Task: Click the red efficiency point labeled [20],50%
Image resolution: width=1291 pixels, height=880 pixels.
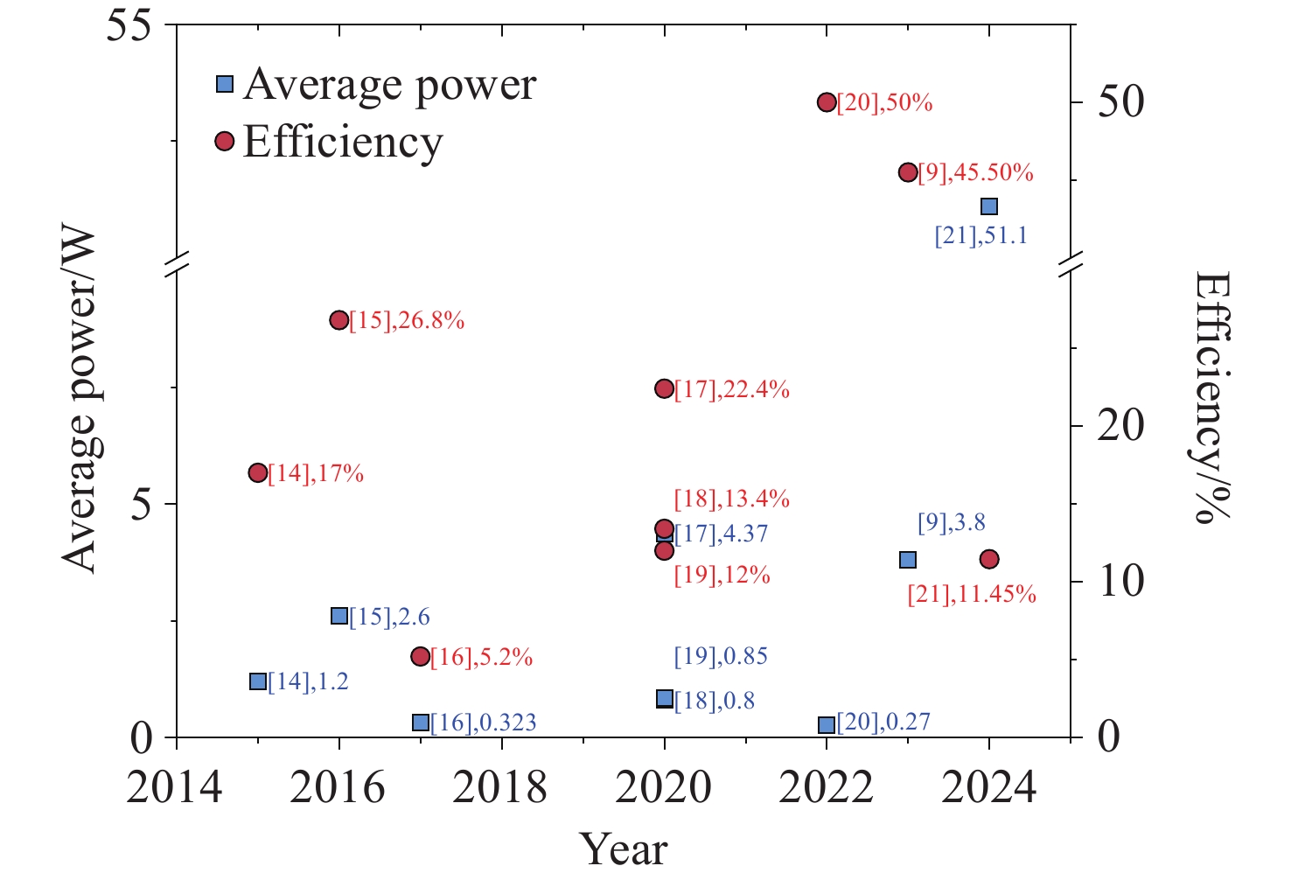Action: [x=827, y=103]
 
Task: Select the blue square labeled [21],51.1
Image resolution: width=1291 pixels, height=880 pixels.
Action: [x=989, y=206]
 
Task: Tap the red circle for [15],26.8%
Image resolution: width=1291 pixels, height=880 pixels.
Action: [x=339, y=320]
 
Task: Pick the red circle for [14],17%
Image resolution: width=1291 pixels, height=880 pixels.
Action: [x=258, y=473]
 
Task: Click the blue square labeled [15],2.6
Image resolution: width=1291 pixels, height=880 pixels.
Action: [x=339, y=616]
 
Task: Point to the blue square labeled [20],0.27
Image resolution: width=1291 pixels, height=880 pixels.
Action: [x=827, y=724]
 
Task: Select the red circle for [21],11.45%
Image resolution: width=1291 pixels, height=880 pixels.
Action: [x=989, y=559]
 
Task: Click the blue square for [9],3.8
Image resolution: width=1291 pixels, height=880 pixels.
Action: [x=908, y=560]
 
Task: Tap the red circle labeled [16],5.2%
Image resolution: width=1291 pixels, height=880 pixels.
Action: [x=421, y=656]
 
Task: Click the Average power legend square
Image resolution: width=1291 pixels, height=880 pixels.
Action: [x=225, y=84]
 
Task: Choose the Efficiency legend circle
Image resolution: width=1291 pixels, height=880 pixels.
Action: [x=225, y=141]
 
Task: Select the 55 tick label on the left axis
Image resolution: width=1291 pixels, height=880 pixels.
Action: [x=140, y=24]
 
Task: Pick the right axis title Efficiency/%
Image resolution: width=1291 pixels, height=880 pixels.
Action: [x=1213, y=397]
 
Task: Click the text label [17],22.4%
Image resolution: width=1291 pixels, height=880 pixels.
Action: [x=732, y=390]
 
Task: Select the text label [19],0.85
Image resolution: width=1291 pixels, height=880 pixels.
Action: [x=721, y=656]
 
